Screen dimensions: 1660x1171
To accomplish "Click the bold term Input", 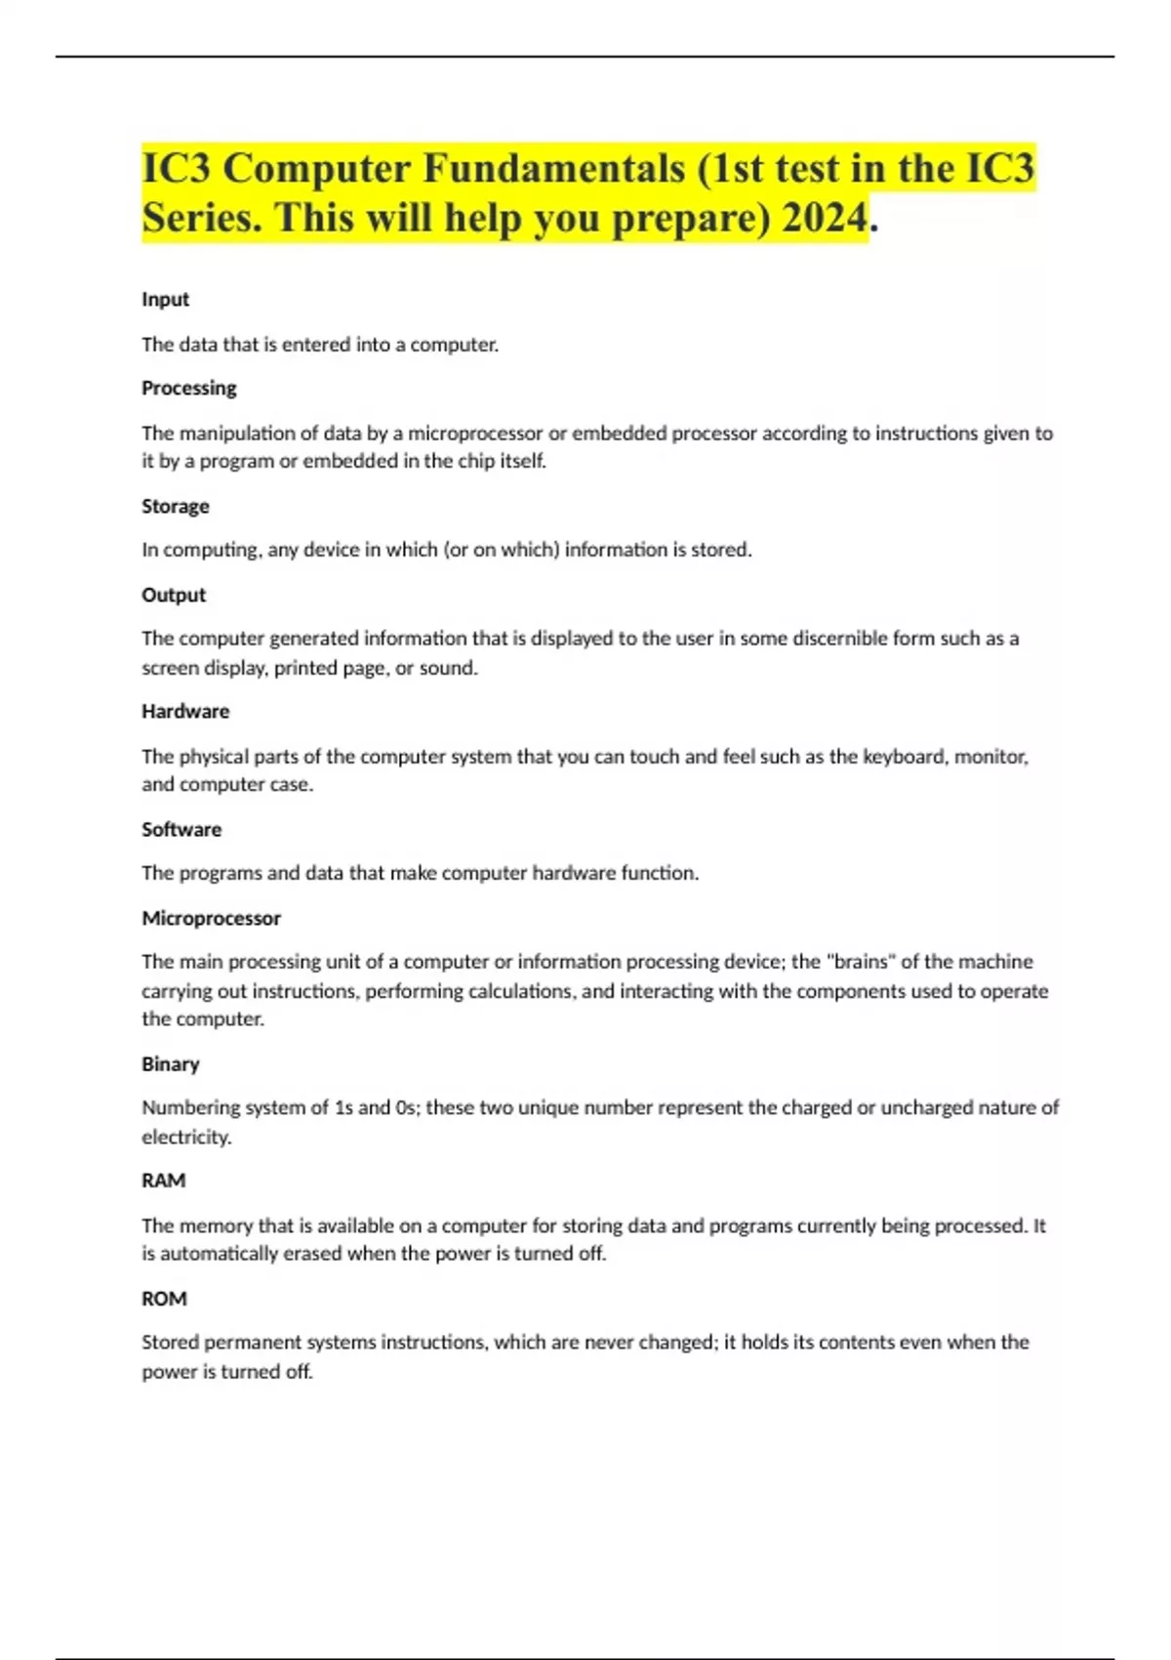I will [165, 300].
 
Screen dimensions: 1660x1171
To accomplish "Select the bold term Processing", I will [188, 389].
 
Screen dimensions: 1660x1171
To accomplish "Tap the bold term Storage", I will [175, 507].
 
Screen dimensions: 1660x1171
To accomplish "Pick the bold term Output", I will [174, 595].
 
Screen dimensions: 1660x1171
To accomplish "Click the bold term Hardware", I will [185, 712].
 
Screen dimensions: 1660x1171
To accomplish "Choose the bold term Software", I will [182, 830].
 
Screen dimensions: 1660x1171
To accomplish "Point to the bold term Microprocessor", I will [211, 918].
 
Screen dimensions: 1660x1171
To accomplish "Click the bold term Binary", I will [170, 1064].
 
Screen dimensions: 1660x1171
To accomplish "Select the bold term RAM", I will [163, 1181].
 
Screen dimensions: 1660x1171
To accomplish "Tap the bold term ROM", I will [164, 1299].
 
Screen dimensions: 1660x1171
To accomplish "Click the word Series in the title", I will [200, 218].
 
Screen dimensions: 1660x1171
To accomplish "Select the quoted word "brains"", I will [860, 962].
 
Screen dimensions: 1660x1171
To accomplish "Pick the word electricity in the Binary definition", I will [185, 1138].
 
